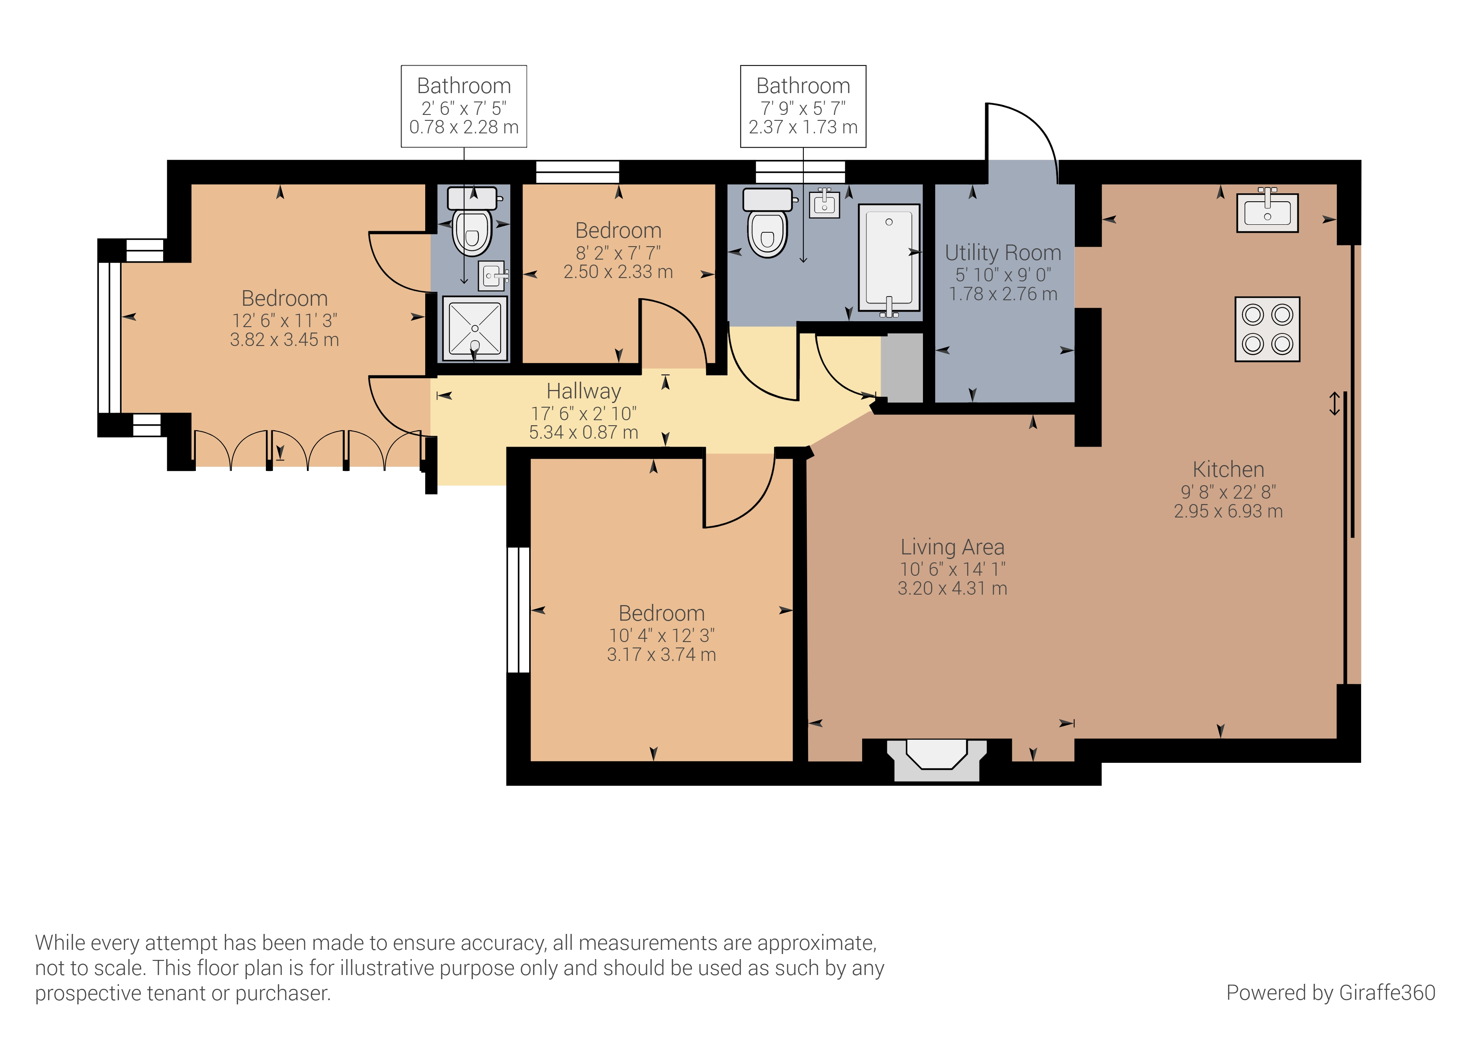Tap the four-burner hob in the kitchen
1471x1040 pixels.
[x=1267, y=329]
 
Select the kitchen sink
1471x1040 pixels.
[x=1267, y=211]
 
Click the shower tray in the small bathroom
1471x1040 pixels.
[x=475, y=328]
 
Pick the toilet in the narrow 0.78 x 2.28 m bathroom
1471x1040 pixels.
[x=472, y=221]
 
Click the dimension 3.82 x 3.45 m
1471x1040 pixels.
[x=284, y=340]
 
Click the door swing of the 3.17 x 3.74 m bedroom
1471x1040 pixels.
[x=743, y=500]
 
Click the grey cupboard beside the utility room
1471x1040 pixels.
[x=902, y=367]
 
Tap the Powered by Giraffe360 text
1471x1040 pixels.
[x=1330, y=993]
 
